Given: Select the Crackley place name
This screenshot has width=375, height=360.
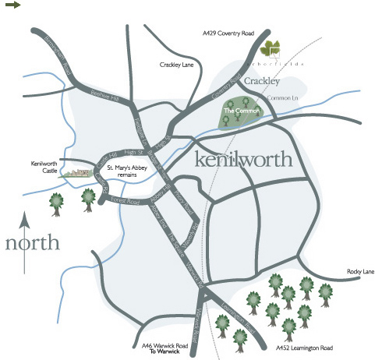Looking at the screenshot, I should point(261,81).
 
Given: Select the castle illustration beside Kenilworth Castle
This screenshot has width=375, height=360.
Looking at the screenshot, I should point(76,171).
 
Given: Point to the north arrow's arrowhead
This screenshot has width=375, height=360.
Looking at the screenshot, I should point(25,215).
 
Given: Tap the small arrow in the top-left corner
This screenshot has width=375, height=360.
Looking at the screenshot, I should point(12,5).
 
